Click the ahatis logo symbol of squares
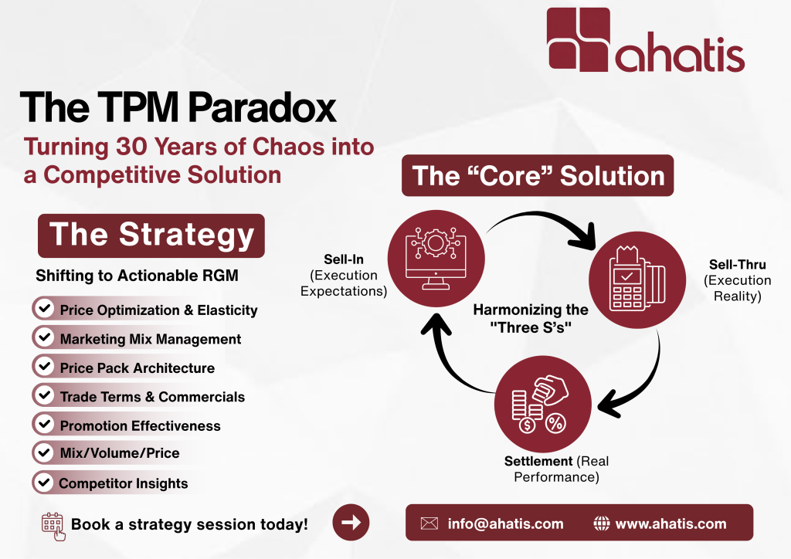(x=579, y=39)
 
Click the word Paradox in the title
(x=263, y=107)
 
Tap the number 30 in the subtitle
(x=131, y=147)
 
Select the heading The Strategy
(x=151, y=235)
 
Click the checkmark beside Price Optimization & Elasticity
(x=44, y=308)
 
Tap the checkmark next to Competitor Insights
(x=44, y=483)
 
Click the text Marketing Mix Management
(x=151, y=339)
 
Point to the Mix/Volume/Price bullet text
(x=120, y=453)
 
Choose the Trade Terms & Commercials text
(x=152, y=397)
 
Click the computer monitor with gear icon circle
(x=436, y=258)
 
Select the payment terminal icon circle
(x=637, y=279)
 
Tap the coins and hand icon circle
(x=543, y=404)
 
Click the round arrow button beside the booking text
(x=351, y=522)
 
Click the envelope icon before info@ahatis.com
(x=429, y=523)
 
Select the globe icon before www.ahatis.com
(x=601, y=523)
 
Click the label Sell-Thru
(x=738, y=265)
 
